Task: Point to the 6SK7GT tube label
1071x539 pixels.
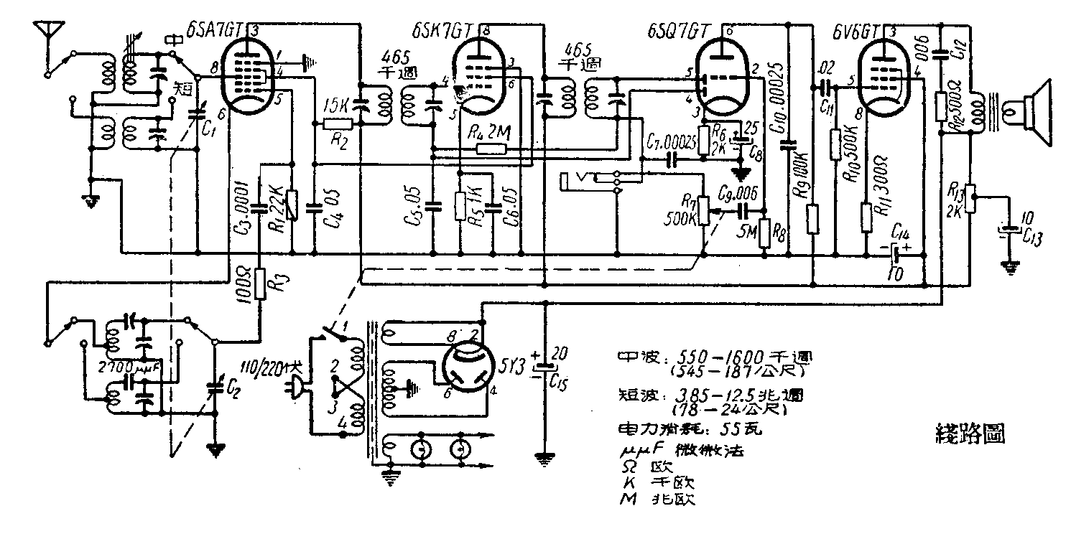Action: click(x=442, y=32)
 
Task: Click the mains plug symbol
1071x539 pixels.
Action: click(x=297, y=390)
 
